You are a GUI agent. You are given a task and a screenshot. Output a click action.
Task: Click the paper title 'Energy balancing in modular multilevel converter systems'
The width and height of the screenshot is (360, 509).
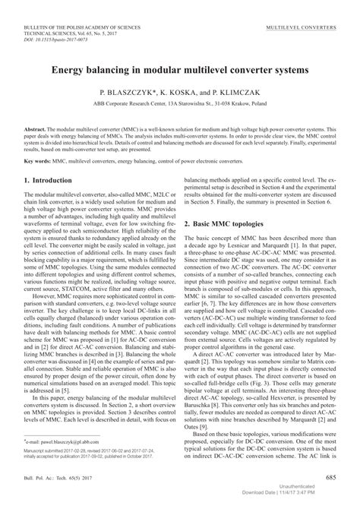click(x=179, y=69)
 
